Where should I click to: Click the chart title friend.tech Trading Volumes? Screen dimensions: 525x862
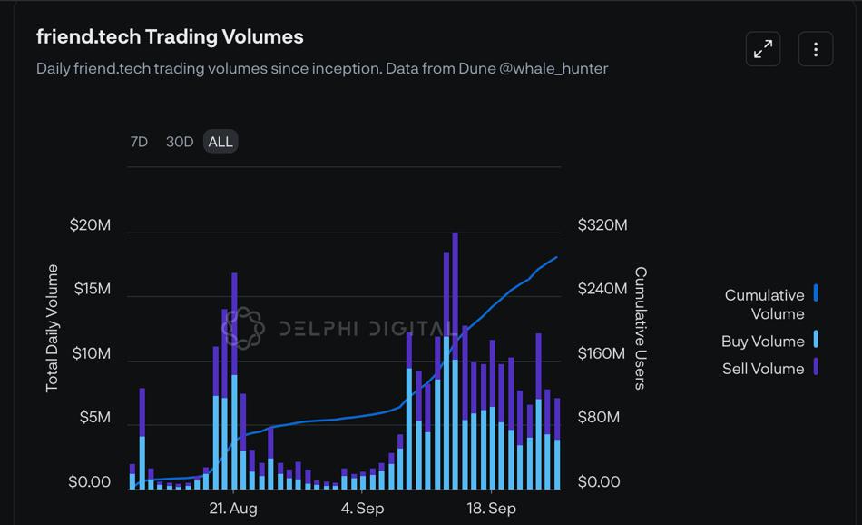coord(170,37)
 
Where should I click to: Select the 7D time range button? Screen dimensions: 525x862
coord(139,142)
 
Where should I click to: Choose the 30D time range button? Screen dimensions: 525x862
coord(180,142)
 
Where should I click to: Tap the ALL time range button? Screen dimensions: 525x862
coord(220,142)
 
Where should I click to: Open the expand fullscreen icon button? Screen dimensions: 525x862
coord(763,49)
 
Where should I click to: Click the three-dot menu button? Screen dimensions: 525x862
coord(816,49)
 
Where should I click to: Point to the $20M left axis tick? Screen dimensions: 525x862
coord(90,225)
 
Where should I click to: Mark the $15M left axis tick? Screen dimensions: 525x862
coord(90,289)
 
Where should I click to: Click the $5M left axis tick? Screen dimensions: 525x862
coord(94,418)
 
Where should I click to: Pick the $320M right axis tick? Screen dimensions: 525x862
coord(602,225)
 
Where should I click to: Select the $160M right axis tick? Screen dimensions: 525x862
coord(602,353)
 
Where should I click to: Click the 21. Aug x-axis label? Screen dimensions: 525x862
coord(233,508)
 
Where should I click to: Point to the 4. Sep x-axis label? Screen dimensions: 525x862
coord(362,508)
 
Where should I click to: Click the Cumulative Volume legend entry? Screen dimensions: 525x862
coord(765,304)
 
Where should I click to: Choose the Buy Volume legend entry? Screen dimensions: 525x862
coord(763,342)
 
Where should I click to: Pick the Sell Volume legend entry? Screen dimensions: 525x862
coord(763,369)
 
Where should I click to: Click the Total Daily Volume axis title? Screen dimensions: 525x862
coord(52,328)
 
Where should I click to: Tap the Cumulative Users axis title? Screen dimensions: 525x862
coord(641,328)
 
